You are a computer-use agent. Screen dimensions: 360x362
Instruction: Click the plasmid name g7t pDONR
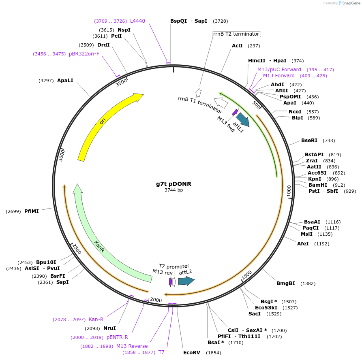click(x=174, y=184)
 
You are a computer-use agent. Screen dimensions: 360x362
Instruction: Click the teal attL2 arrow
click(x=186, y=281)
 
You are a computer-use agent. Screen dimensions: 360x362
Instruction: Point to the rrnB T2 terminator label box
click(x=236, y=34)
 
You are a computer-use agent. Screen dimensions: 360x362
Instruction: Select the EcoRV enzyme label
click(x=192, y=353)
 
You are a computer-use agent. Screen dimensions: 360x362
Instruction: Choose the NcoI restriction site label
click(x=295, y=112)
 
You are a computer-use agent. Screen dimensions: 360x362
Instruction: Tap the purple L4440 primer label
click(x=137, y=21)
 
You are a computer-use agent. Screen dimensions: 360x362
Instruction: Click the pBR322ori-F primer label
click(x=84, y=54)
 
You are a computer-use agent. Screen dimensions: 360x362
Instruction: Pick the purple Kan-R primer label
click(x=96, y=320)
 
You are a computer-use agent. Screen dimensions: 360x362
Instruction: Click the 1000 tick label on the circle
click(x=289, y=192)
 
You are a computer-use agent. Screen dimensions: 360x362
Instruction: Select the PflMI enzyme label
click(x=32, y=211)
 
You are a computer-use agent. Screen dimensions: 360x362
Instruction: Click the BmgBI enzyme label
click(x=285, y=283)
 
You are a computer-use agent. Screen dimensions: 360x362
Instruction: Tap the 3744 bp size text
click(x=174, y=190)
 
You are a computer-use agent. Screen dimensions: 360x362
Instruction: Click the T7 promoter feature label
click(x=174, y=266)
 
